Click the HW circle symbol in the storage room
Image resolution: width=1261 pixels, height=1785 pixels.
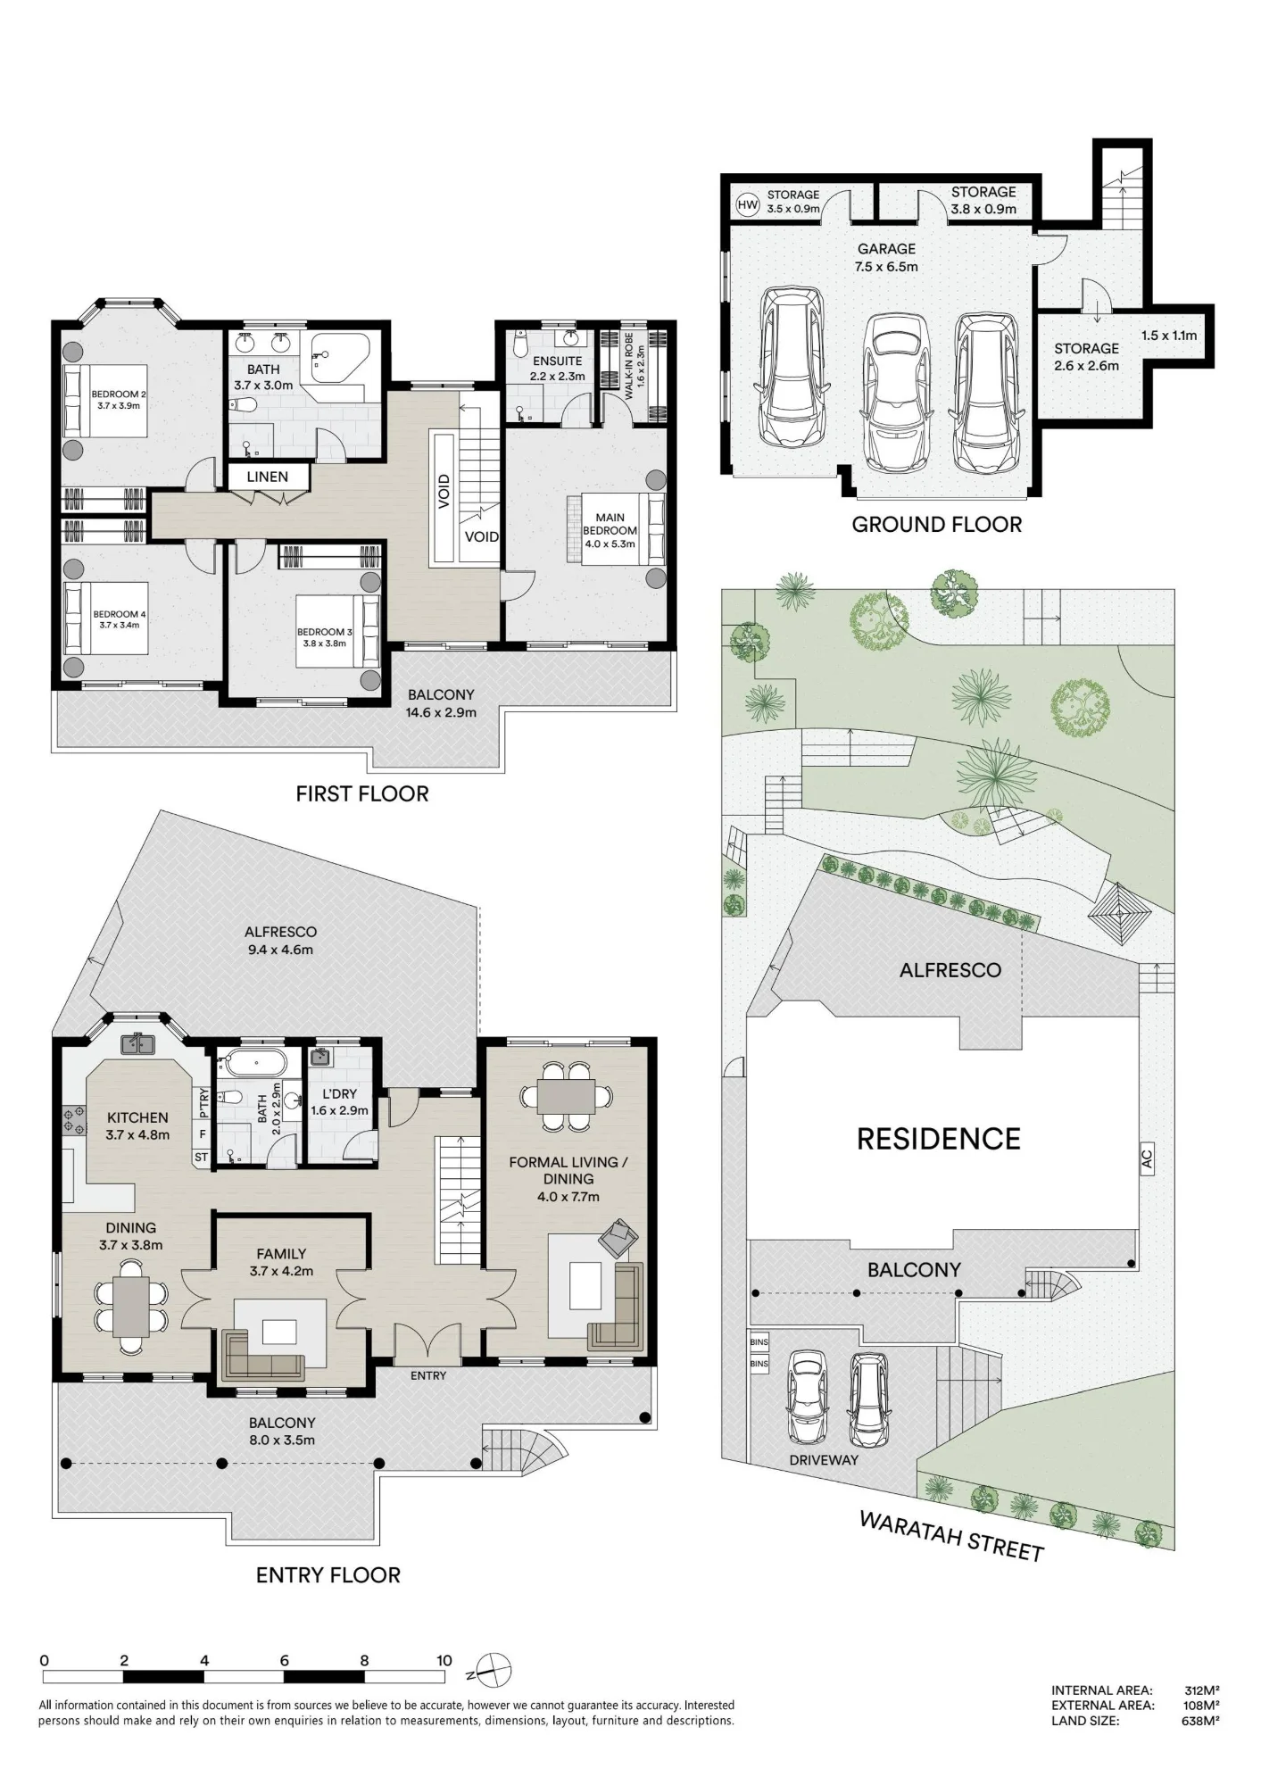point(748,205)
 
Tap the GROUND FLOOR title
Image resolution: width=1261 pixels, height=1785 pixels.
point(936,525)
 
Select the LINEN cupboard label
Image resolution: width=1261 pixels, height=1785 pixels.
point(268,477)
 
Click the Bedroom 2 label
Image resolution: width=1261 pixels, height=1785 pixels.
point(119,399)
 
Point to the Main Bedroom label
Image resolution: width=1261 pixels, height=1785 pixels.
point(610,530)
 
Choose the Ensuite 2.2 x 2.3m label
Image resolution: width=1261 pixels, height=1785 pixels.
point(558,368)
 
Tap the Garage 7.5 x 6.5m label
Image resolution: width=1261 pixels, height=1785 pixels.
point(887,257)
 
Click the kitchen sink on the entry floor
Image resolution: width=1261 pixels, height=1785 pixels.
point(137,1042)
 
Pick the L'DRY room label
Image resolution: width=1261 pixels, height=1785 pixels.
point(334,1101)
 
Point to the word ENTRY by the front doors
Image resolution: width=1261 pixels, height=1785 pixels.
point(428,1375)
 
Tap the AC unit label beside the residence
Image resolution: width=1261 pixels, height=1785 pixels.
point(1148,1159)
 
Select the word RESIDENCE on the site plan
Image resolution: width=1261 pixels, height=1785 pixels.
point(939,1140)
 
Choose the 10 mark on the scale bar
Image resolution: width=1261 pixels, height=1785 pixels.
point(444,1661)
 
